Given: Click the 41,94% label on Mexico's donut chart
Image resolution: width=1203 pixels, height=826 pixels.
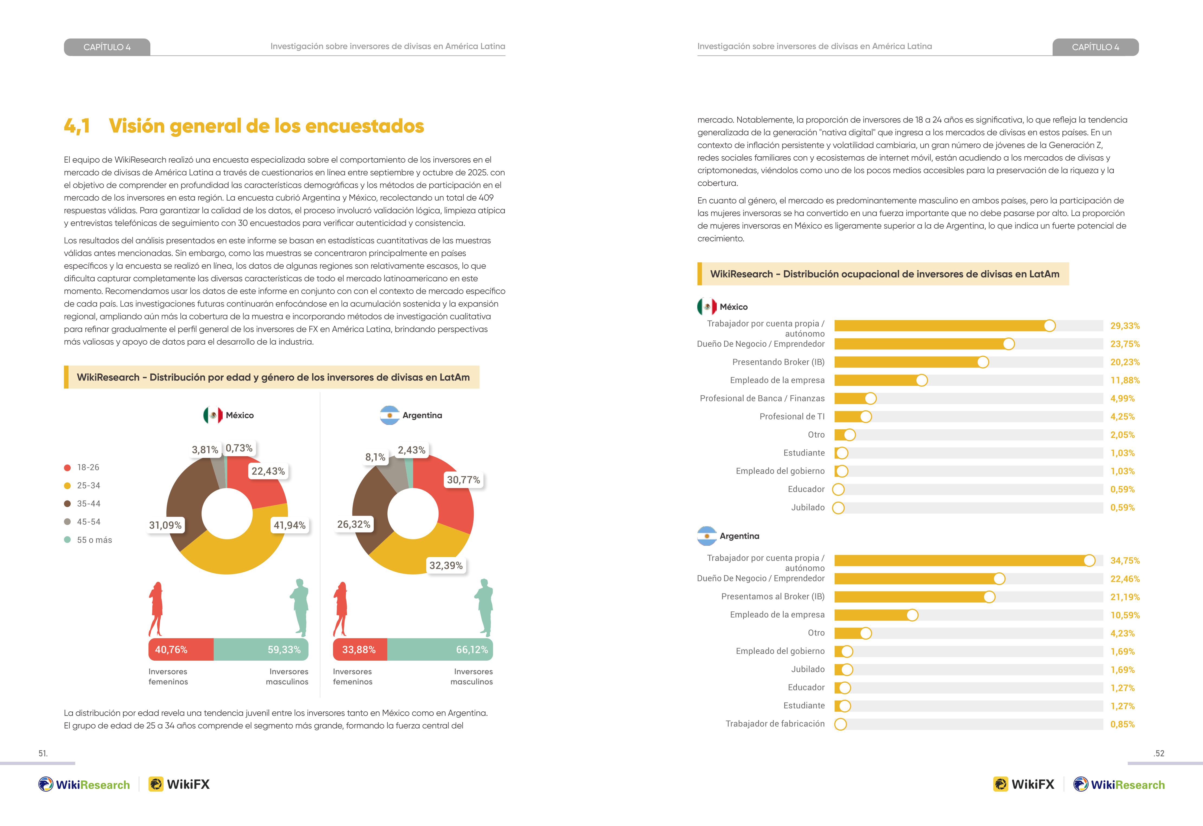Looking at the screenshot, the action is (x=289, y=525).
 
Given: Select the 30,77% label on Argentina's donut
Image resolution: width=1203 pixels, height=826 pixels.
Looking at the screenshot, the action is (x=463, y=480).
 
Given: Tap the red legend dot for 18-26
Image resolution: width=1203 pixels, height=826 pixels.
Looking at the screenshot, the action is (x=67, y=468).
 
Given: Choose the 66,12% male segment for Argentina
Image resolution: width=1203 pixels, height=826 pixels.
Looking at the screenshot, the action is (x=440, y=649).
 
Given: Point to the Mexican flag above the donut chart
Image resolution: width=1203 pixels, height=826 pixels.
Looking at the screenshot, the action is (x=213, y=415).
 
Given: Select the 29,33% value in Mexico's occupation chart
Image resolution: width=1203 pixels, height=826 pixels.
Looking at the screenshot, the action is (x=1125, y=326).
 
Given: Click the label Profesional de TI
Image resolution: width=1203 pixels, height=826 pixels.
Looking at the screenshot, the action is (x=792, y=416).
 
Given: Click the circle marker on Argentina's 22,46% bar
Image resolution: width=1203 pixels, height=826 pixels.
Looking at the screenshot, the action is (x=999, y=579).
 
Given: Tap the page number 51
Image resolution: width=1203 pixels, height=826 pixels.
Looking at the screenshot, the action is (x=43, y=753).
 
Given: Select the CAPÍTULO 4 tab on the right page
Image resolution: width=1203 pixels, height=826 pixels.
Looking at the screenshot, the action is (x=1095, y=47).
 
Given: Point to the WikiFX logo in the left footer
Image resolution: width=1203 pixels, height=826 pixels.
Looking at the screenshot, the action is (x=179, y=784).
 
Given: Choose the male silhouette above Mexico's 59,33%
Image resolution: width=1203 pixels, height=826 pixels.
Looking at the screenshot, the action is (x=300, y=608).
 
